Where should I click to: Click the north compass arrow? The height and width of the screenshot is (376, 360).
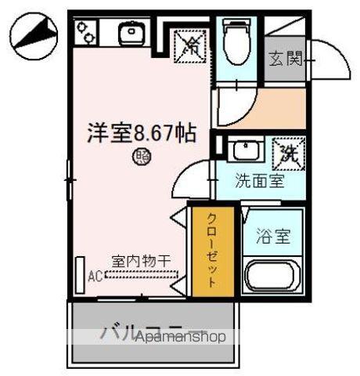[33, 36]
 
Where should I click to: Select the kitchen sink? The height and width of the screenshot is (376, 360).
[129, 33]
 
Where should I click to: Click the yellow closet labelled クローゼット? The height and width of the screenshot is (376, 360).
[211, 250]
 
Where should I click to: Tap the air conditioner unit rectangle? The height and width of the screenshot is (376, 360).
[80, 274]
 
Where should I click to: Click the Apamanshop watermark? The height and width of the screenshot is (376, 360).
[180, 337]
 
